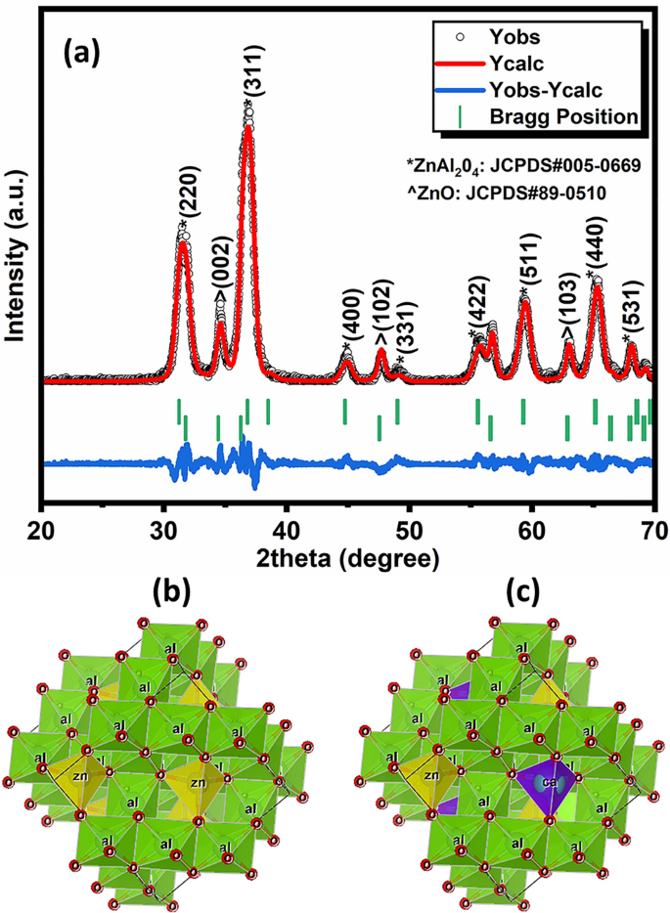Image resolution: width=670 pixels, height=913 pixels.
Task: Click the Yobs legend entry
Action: click(x=510, y=40)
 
